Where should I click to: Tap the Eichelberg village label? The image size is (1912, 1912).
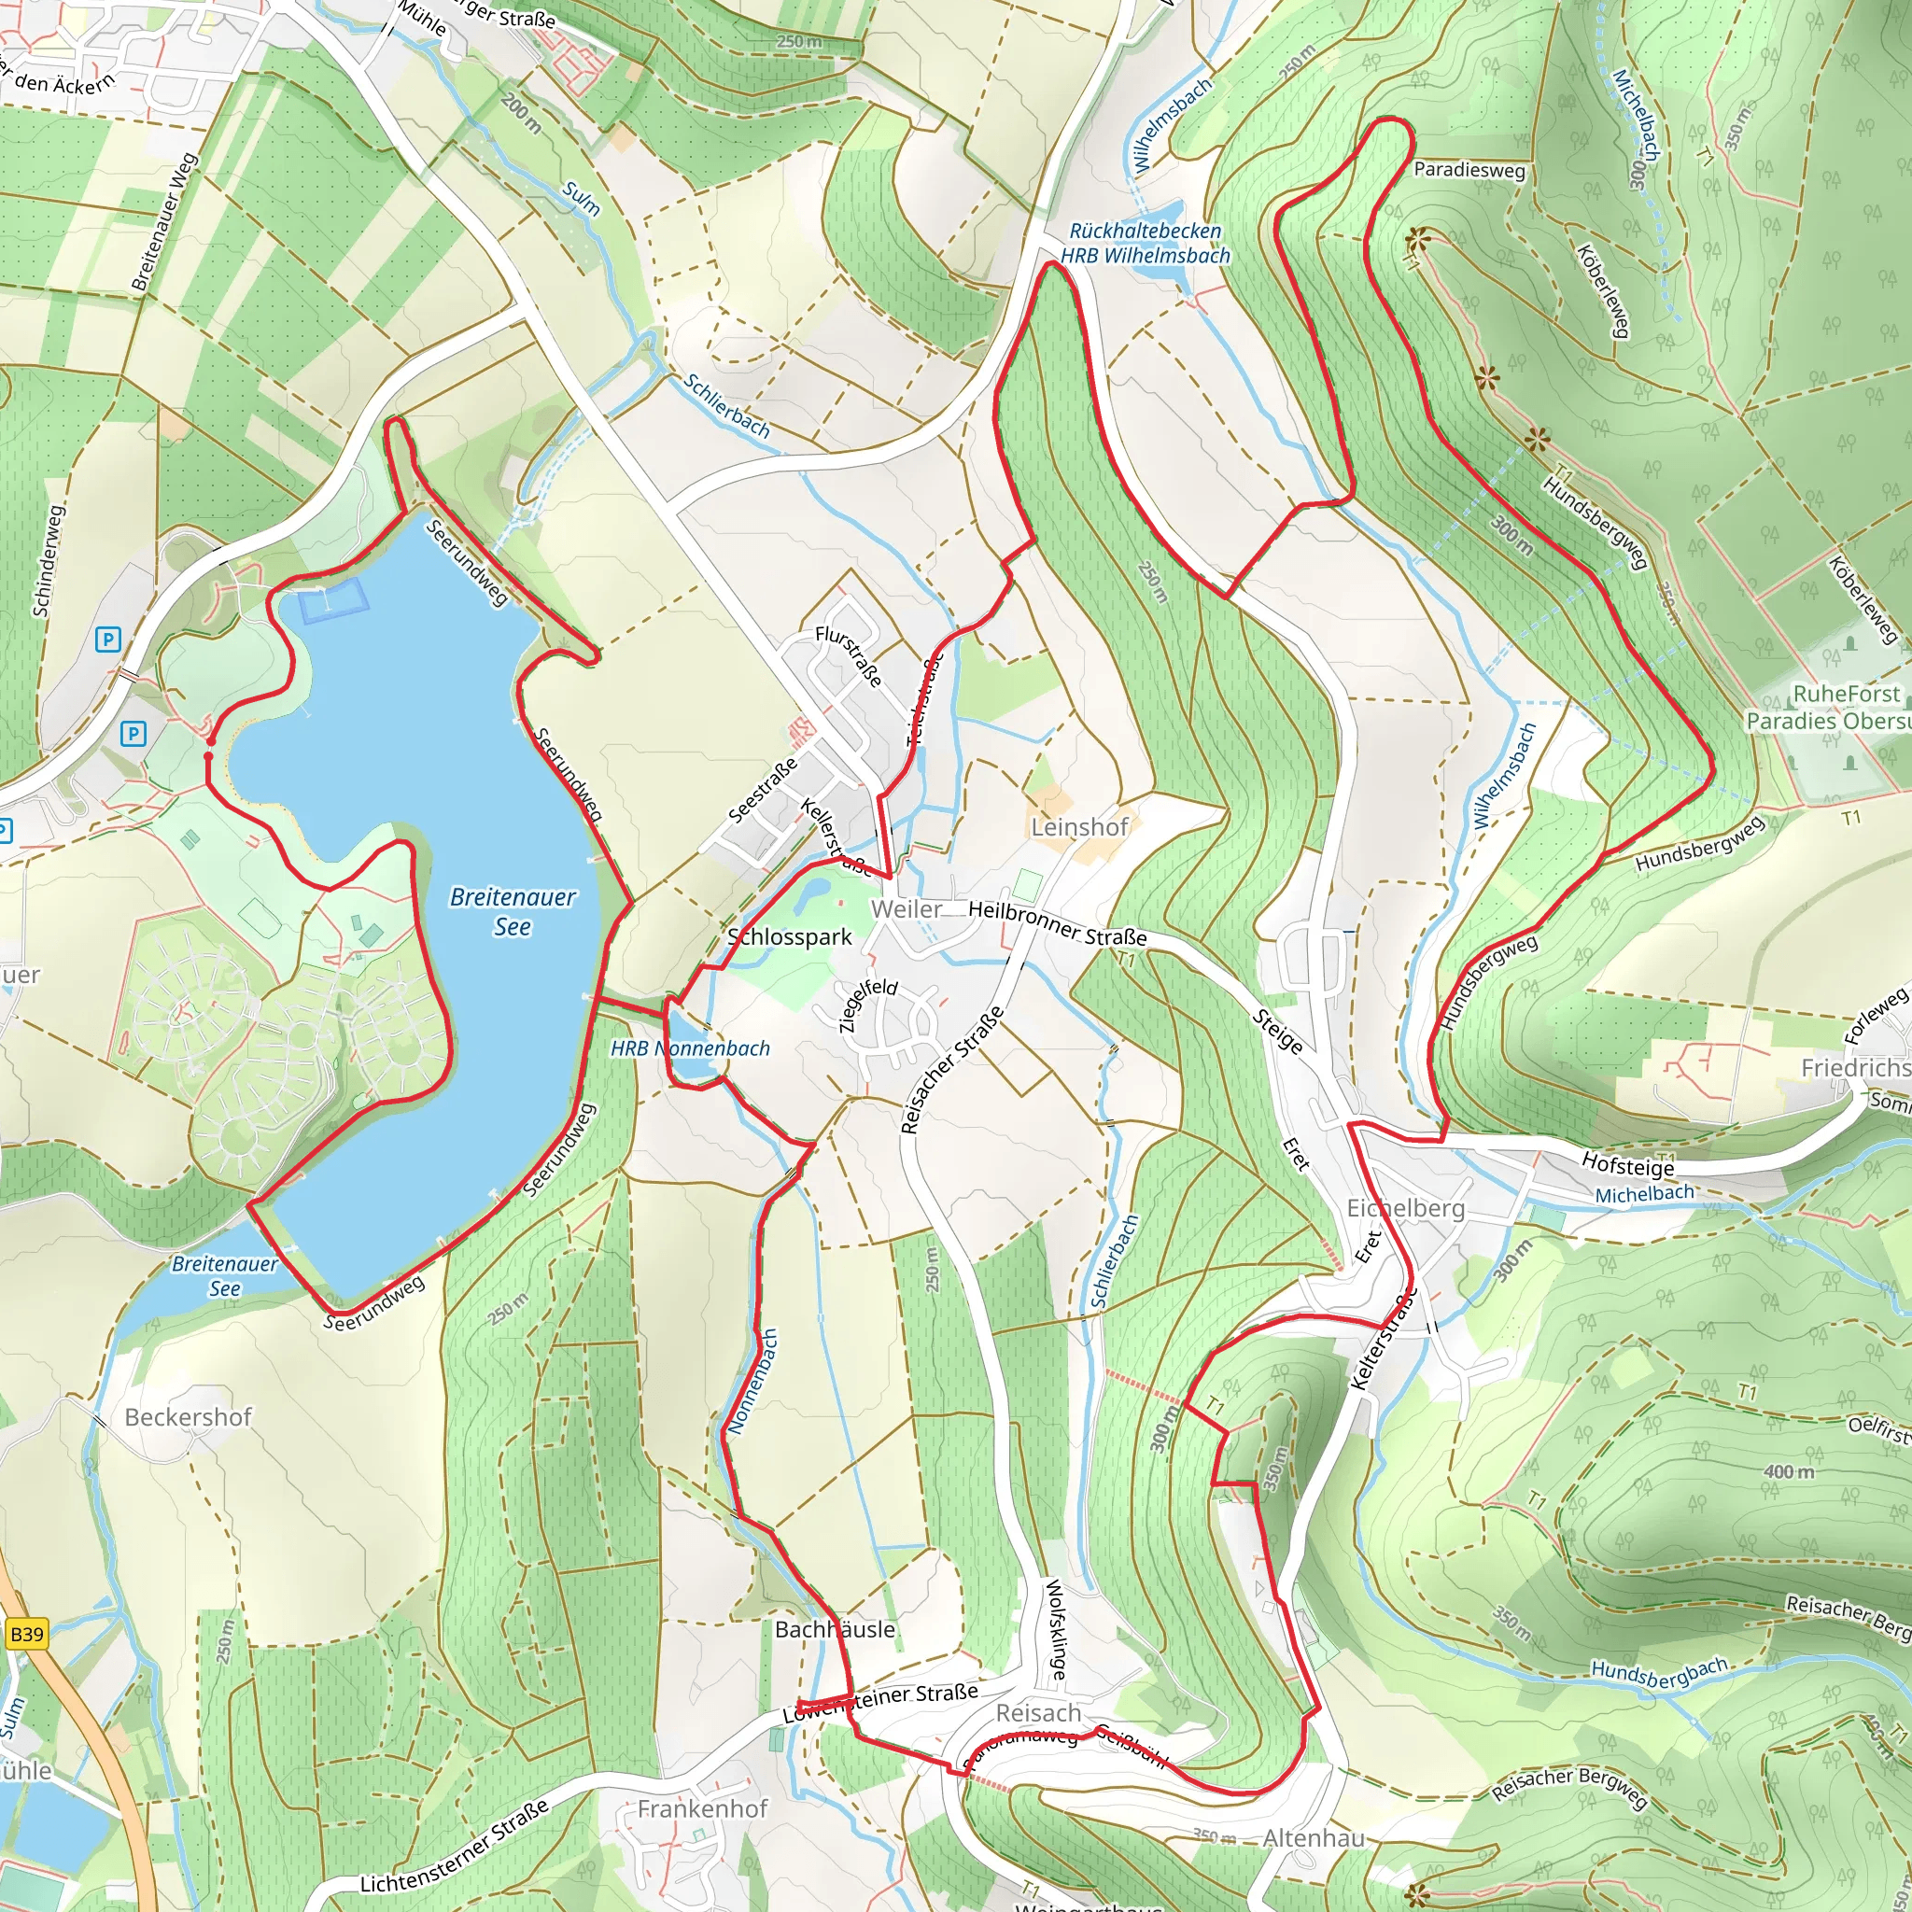(1404, 1208)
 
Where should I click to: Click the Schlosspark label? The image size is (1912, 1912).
(789, 936)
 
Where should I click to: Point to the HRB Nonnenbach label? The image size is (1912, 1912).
(690, 1048)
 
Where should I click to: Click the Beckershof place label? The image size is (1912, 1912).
(188, 1416)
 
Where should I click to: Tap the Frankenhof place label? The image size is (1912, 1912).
(702, 1808)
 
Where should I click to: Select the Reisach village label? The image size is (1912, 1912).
(1037, 1712)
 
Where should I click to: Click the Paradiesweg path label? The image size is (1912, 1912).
(1469, 169)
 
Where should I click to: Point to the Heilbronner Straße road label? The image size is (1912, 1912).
(1057, 922)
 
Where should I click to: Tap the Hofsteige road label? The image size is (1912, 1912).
(1627, 1165)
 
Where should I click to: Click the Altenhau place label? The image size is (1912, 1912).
(1314, 1837)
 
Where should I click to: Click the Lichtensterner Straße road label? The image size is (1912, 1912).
(455, 1847)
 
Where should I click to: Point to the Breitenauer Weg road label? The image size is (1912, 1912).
(164, 221)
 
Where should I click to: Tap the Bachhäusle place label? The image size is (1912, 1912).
(835, 1629)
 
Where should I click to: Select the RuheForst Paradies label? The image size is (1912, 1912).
(1827, 707)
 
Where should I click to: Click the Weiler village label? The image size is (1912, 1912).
(906, 908)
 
